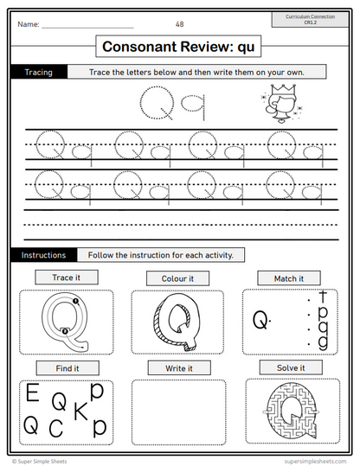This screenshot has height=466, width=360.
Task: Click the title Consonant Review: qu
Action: (x=180, y=47)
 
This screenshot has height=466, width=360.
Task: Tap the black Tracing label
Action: (x=38, y=73)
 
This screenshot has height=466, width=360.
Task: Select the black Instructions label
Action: (x=43, y=255)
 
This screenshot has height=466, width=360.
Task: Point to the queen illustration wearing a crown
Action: (x=280, y=106)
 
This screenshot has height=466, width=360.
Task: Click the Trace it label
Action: (x=66, y=278)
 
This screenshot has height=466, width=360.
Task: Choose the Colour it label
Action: (x=177, y=278)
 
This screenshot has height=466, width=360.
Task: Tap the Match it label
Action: (x=288, y=278)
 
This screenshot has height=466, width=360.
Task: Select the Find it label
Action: (x=66, y=367)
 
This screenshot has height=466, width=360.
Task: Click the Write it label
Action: (x=177, y=368)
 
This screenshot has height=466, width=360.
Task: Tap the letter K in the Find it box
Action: (x=80, y=412)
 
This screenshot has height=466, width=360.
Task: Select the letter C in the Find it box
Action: (x=55, y=428)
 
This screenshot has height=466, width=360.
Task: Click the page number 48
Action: (x=179, y=23)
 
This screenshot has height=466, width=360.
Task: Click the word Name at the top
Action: (x=28, y=24)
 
